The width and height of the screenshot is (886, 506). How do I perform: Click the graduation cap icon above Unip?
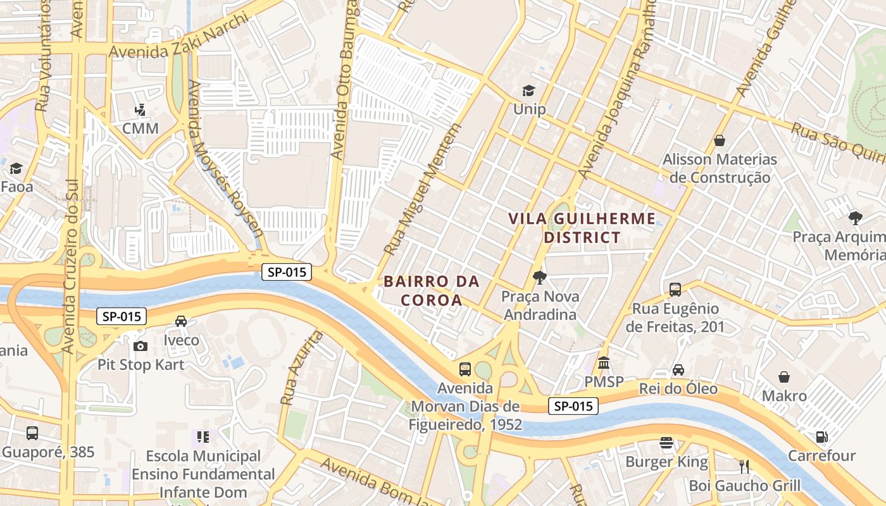(x=528, y=91)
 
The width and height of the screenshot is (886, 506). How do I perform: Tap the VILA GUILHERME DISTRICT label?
(x=582, y=228)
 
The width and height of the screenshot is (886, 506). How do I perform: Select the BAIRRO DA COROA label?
(x=432, y=290)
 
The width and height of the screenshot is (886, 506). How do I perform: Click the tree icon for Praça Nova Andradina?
(x=539, y=277)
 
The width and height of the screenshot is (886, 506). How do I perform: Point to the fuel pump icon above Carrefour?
(x=821, y=436)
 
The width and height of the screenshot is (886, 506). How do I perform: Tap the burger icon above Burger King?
(x=666, y=443)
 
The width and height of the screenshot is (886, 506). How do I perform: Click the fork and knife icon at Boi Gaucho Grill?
(x=744, y=467)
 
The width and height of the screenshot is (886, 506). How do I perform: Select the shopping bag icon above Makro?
(x=784, y=377)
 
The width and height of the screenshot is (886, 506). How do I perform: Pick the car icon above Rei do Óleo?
(x=678, y=369)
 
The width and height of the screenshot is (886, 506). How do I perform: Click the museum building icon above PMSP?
(x=604, y=363)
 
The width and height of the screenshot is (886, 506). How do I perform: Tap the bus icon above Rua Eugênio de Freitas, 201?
(x=675, y=290)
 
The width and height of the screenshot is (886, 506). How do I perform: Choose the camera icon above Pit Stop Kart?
(x=140, y=346)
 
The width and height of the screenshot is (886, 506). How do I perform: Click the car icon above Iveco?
(x=181, y=321)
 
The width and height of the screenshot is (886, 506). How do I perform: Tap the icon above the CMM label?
(x=140, y=111)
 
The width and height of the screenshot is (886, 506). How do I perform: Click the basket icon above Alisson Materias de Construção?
(x=720, y=140)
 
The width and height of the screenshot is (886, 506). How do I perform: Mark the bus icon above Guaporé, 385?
(x=32, y=433)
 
